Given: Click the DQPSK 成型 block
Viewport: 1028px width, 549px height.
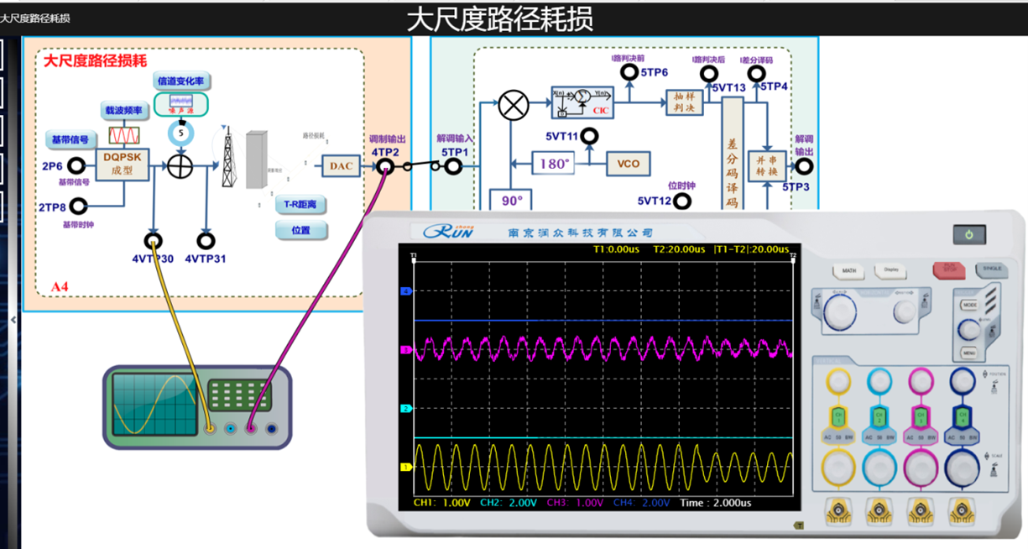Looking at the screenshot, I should click(x=124, y=164).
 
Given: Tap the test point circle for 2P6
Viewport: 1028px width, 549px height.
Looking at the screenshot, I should click(x=76, y=166).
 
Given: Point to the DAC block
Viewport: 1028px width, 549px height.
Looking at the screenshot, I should click(x=341, y=166).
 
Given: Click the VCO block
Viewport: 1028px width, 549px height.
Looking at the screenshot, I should click(x=629, y=164).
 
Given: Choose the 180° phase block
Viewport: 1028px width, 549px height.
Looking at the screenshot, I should click(x=554, y=164).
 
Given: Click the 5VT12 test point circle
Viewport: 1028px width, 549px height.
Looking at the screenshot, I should click(x=683, y=201).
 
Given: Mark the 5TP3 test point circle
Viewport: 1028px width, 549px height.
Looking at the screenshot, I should click(x=804, y=166).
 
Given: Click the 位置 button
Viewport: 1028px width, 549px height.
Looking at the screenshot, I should click(x=301, y=230).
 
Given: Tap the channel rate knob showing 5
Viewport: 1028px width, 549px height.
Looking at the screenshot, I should click(x=180, y=132).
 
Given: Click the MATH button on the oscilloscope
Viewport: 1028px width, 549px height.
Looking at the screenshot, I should click(x=849, y=271).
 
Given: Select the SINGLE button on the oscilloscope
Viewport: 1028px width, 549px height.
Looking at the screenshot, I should click(x=991, y=269).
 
